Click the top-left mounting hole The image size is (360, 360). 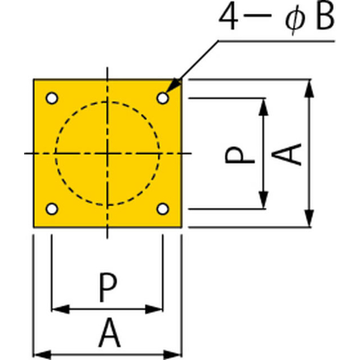[52, 98]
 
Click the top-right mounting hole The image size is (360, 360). [163, 98]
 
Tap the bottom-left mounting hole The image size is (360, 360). [52, 209]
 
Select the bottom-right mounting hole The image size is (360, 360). [163, 209]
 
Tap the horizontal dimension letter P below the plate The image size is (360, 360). [108, 287]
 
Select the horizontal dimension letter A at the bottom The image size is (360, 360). [110, 332]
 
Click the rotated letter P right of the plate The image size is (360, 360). [240, 155]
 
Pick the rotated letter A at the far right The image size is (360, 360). [287, 154]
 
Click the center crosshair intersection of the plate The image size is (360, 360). [107, 153]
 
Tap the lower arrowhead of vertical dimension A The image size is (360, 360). [309, 219]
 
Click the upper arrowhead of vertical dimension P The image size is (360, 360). [263, 107]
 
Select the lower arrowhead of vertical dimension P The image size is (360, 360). [263, 200]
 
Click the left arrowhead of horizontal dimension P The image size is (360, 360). [61, 309]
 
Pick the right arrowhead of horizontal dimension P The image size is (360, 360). [154, 309]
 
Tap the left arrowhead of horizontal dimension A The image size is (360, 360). [42, 355]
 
